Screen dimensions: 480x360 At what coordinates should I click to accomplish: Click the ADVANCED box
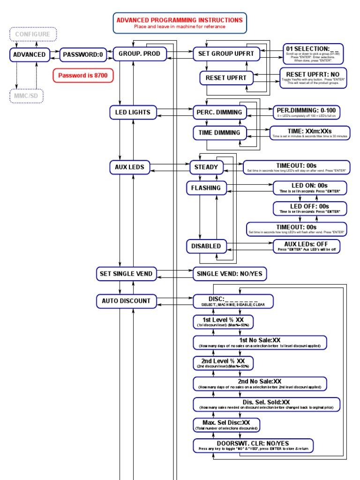click(30, 54)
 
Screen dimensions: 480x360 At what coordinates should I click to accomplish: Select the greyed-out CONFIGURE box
click(33, 34)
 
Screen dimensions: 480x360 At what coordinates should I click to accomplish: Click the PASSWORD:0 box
click(83, 54)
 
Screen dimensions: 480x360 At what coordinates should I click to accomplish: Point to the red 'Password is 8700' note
click(83, 75)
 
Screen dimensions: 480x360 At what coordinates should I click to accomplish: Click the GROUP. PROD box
click(140, 54)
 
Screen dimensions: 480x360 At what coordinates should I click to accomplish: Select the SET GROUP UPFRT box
click(226, 54)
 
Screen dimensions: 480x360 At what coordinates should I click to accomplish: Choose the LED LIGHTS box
click(133, 112)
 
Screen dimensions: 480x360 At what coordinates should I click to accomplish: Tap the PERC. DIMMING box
click(220, 112)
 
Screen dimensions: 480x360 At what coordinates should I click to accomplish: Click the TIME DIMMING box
click(219, 133)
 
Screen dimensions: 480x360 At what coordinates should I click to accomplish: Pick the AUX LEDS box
click(129, 167)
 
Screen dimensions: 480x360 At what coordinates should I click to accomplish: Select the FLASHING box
click(206, 188)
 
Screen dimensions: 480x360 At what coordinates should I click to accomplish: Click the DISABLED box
click(206, 246)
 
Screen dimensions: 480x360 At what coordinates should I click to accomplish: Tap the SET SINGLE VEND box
click(126, 274)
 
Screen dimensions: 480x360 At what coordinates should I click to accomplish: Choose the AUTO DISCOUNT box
click(126, 301)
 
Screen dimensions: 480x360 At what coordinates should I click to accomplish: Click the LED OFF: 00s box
click(310, 208)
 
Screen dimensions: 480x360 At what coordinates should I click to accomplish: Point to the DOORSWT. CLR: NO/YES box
click(253, 445)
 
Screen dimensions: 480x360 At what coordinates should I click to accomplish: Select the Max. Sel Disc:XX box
click(226, 425)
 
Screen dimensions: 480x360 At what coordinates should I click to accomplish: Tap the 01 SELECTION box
click(312, 54)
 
